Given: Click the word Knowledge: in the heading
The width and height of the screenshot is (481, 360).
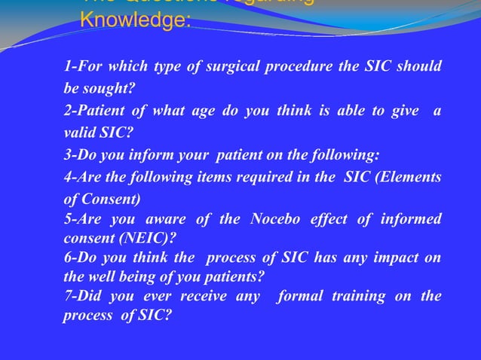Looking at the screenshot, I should pyautogui.click(x=136, y=20).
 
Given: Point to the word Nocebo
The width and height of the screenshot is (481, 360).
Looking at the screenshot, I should pyautogui.click(x=268, y=220).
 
